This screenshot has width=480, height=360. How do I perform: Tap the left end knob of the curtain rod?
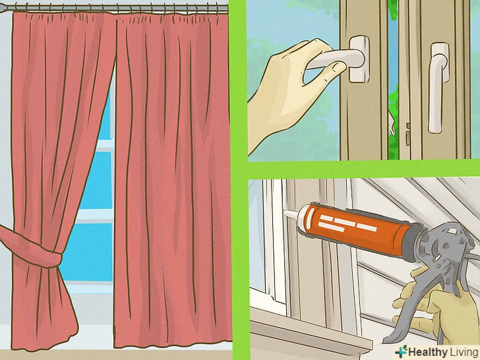coord(6,9)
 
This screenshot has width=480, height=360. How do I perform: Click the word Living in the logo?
coord(464,352)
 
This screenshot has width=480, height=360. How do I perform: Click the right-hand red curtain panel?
coord(173,181)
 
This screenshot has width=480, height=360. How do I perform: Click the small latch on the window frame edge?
coord(407,134)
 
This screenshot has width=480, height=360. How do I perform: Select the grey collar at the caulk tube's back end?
coord(413,243)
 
